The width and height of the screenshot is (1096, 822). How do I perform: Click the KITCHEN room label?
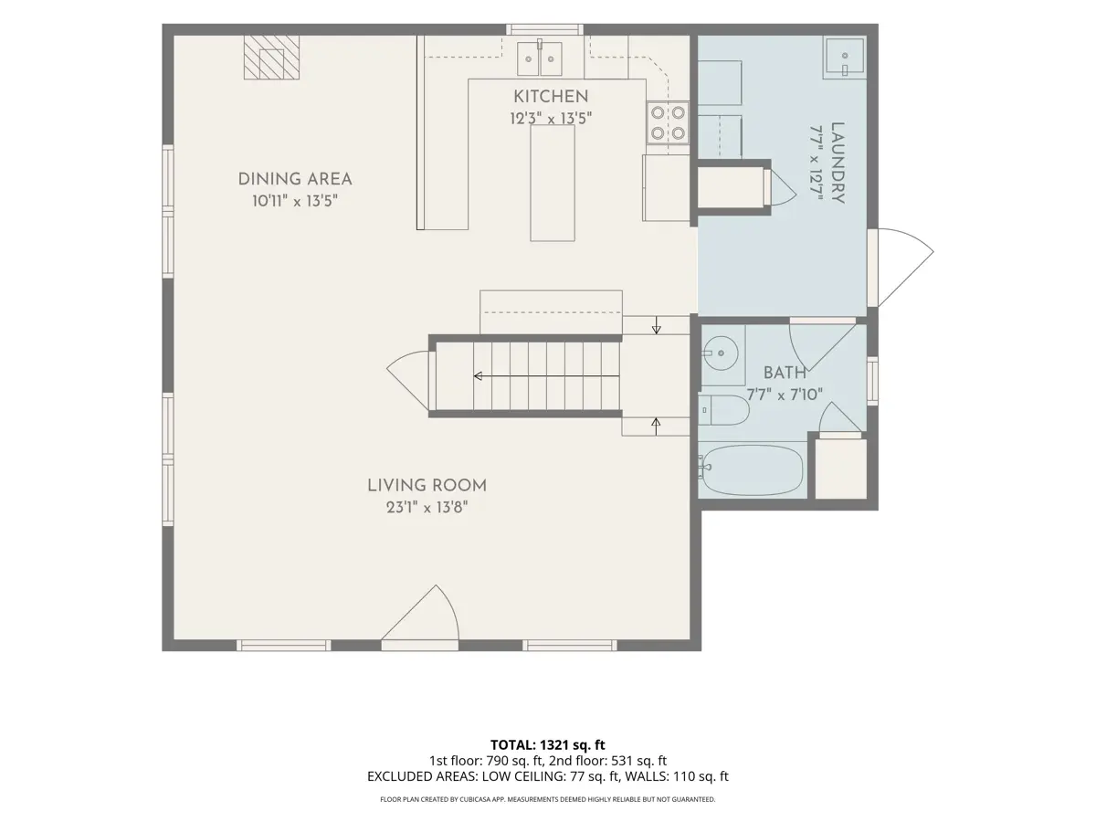click(x=551, y=96)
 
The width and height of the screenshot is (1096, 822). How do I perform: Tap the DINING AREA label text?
click(x=295, y=179)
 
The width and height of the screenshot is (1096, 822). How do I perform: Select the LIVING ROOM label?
click(x=427, y=486)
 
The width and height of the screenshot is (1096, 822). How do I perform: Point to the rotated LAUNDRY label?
click(x=838, y=163)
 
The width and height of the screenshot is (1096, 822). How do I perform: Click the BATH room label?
click(x=785, y=373)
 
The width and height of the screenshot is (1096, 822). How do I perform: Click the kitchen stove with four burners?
click(x=668, y=122)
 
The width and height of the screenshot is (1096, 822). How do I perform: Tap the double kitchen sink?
click(x=540, y=58)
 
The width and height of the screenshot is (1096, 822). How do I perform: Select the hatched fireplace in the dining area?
click(x=271, y=58)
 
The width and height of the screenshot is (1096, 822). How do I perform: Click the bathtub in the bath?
click(x=751, y=469)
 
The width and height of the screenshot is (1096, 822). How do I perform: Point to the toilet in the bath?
click(x=724, y=410)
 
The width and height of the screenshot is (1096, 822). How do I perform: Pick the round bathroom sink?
click(x=721, y=353)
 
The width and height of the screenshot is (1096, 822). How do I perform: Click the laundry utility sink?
click(x=844, y=58)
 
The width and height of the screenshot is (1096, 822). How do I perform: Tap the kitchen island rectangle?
click(x=553, y=184)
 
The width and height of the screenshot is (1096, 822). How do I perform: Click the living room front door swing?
click(x=420, y=612)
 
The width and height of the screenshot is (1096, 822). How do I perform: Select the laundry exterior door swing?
click(x=906, y=268)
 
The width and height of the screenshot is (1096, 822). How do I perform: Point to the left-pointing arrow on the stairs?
click(x=546, y=375)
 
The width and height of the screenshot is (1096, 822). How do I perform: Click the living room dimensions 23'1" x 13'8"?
click(x=427, y=508)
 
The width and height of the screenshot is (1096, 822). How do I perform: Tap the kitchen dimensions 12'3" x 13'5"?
click(x=551, y=119)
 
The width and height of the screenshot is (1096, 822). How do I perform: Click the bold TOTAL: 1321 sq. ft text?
click(x=548, y=745)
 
